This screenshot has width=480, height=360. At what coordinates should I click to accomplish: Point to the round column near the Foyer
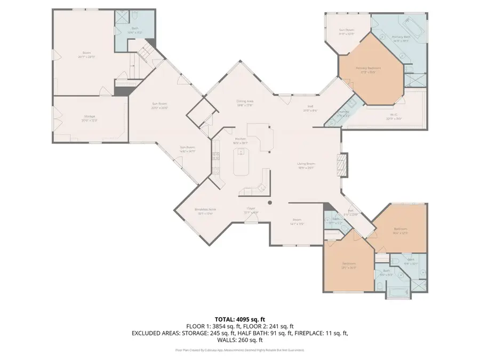(x=270, y=203)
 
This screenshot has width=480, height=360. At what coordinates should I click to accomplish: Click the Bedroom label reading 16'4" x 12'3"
(x=401, y=229)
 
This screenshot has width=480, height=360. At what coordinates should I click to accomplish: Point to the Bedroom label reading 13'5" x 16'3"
(x=349, y=266)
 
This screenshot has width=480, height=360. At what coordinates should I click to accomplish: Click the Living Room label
(x=306, y=165)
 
